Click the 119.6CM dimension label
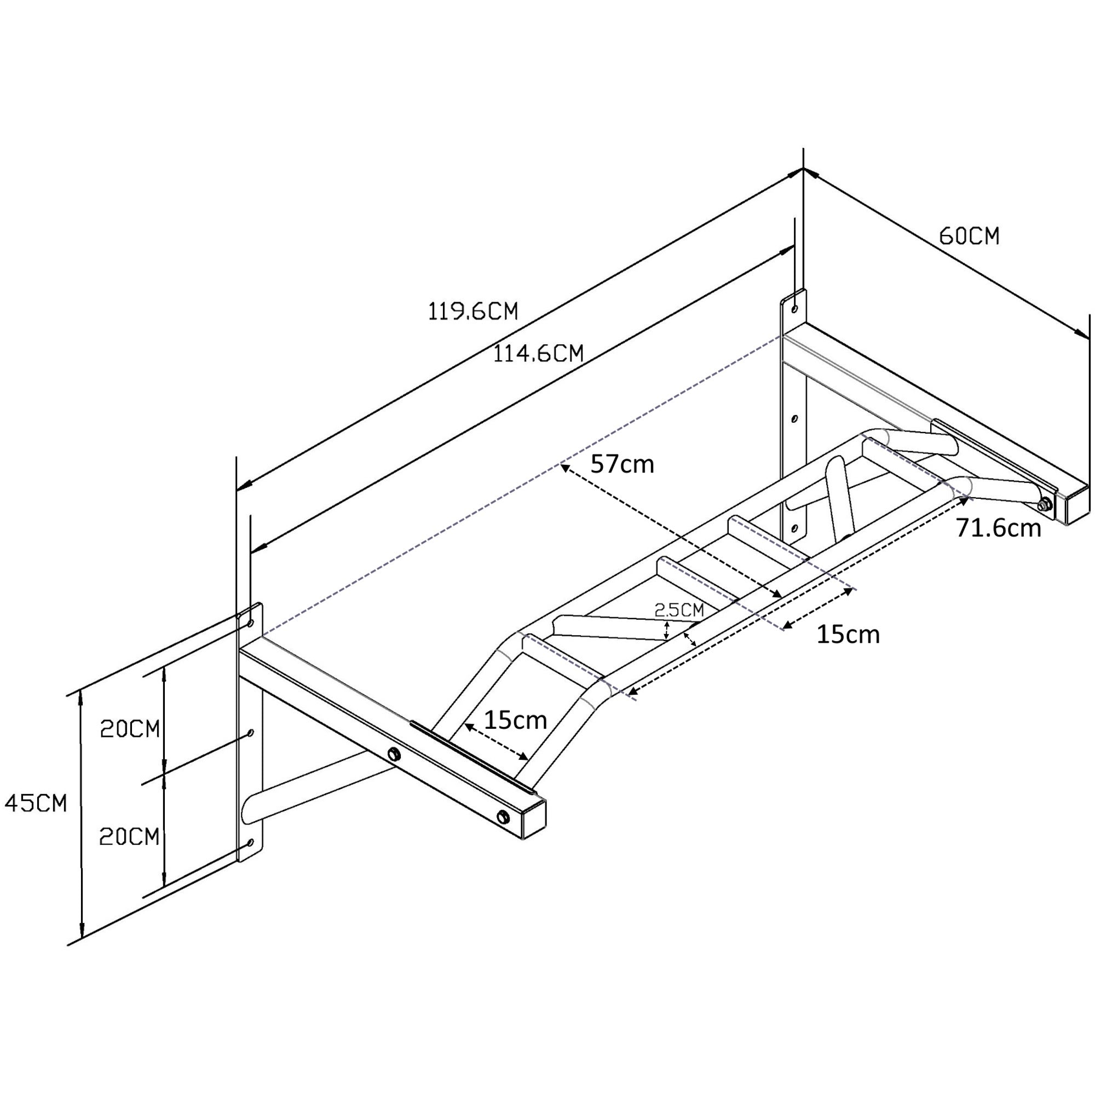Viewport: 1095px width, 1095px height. click(472, 311)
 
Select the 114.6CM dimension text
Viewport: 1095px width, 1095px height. click(538, 354)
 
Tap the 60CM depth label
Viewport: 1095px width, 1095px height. click(969, 236)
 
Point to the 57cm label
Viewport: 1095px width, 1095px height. click(622, 464)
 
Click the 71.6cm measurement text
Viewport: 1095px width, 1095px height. click(999, 528)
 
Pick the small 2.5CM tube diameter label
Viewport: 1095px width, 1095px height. click(679, 610)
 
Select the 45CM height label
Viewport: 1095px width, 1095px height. click(36, 803)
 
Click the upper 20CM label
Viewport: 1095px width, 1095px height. click(130, 729)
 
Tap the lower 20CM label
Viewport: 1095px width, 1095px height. click(129, 837)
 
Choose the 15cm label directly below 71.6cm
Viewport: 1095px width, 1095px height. click(848, 634)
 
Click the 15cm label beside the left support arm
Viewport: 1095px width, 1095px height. click(515, 720)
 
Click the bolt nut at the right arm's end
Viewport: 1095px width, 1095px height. click(1042, 504)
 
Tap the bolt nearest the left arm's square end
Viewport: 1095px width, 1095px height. click(502, 817)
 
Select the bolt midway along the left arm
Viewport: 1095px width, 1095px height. click(393, 754)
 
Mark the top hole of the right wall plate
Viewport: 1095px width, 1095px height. click(794, 309)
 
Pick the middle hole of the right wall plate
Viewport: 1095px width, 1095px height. click(794, 419)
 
